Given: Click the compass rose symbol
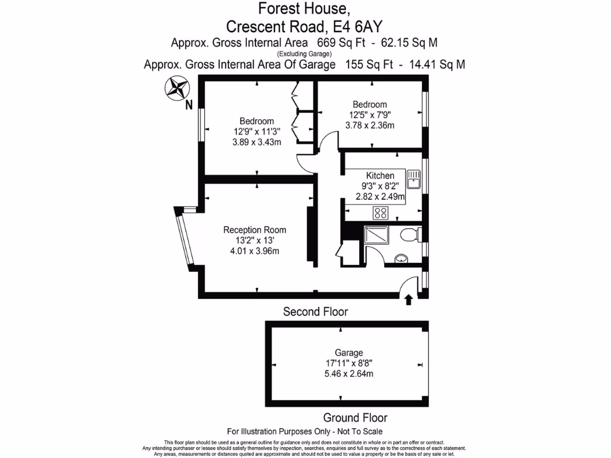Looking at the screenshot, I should coord(175,89).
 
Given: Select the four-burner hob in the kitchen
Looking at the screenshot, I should coord(381,212).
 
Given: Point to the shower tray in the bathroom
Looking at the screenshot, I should coord(376,237).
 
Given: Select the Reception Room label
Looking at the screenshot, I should coord(255,230).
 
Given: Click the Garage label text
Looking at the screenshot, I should coord(348,352).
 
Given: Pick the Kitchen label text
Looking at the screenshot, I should coord(380,175).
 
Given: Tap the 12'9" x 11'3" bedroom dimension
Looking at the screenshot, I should coord(257,132).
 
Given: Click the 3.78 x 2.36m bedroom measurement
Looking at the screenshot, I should coord(369,125).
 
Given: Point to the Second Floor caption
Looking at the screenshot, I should coord(315,311).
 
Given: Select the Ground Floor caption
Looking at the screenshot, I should coord(355,417).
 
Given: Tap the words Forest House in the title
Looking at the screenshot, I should coord(304,9).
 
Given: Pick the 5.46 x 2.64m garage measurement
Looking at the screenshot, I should coord(348,374).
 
